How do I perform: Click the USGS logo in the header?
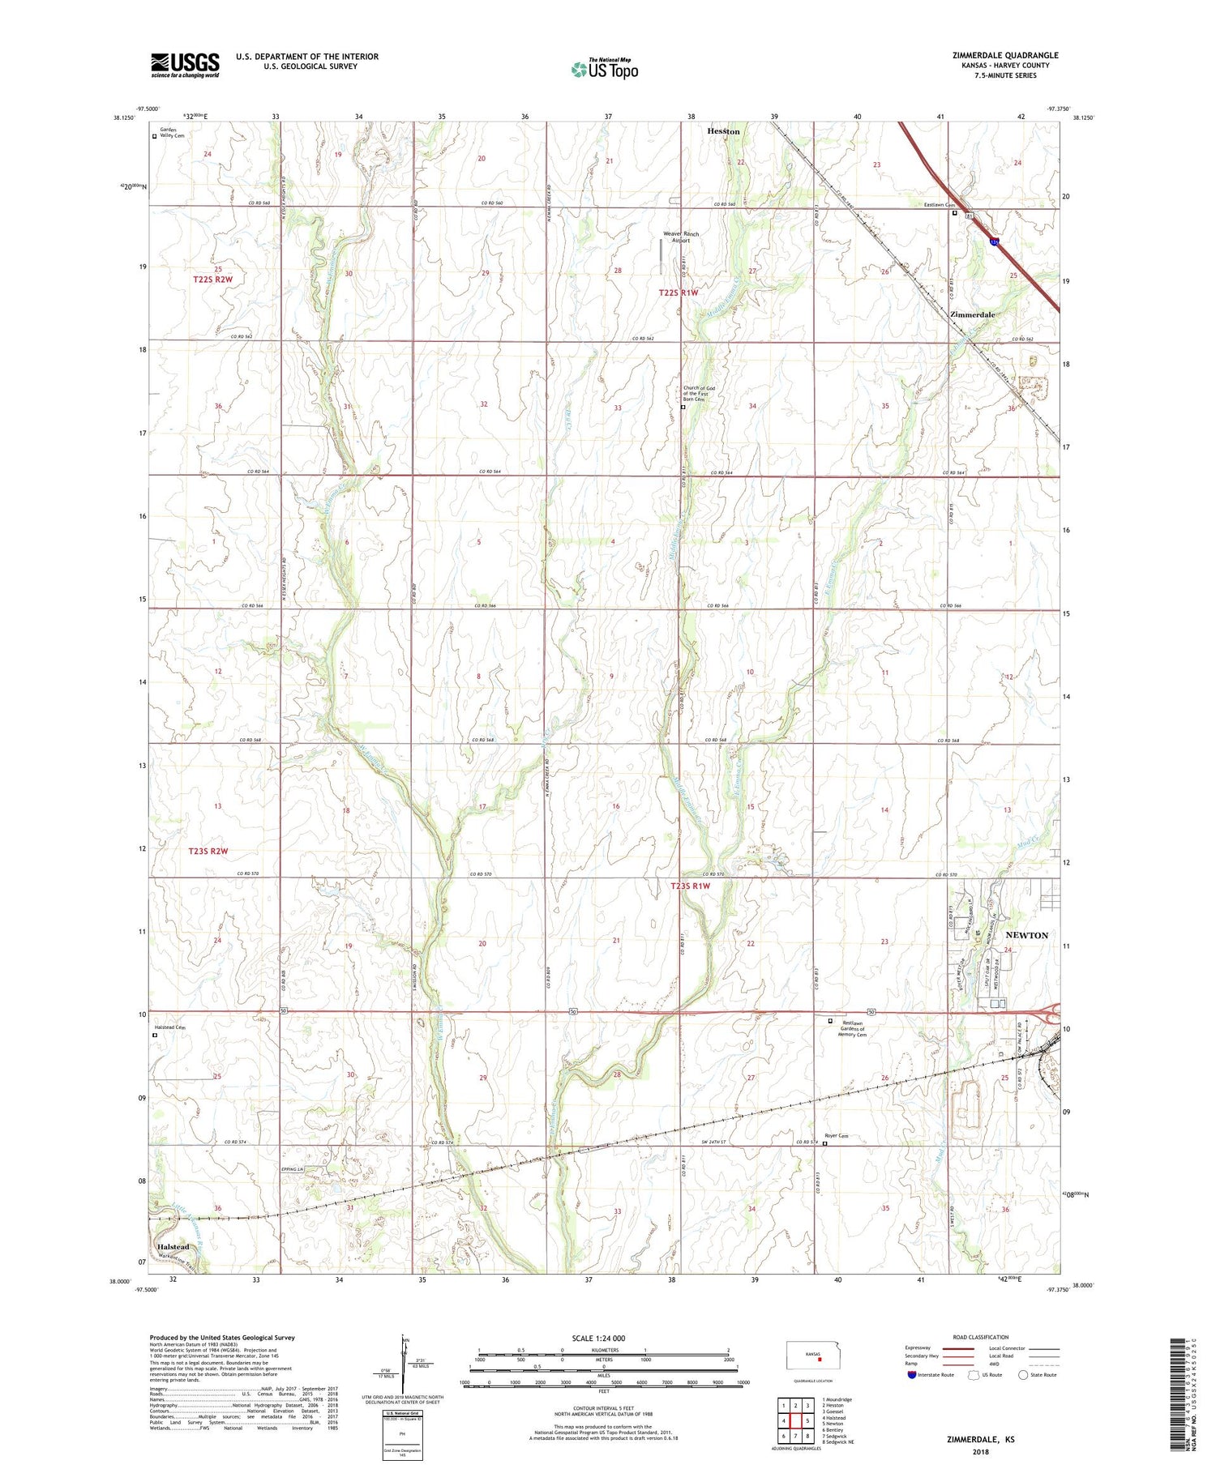185,65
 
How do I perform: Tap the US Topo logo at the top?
604,69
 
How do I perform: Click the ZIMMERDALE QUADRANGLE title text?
1005,55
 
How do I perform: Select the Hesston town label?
723,131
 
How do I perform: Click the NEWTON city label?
1027,935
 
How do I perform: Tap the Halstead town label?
173,1247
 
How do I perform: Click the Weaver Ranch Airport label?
680,237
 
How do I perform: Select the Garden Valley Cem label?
172,133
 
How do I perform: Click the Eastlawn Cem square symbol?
955,214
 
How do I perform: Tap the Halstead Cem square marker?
155,1035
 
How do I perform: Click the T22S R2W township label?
212,280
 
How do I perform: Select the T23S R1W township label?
690,886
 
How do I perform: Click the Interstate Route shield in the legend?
912,1375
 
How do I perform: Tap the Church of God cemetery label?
698,394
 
